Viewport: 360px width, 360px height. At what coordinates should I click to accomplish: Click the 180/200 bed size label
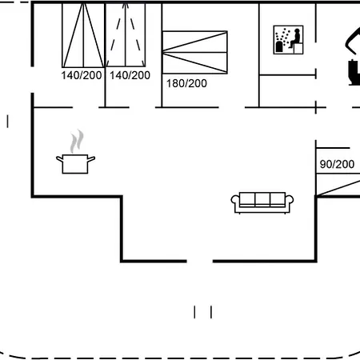186,83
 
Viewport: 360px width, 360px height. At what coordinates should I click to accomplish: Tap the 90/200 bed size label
337,164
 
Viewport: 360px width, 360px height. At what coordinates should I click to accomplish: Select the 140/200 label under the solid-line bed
82,75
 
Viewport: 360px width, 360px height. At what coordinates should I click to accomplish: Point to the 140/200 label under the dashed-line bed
130,75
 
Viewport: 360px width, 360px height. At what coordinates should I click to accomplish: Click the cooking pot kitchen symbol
75,164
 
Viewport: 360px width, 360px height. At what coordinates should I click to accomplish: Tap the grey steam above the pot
77,142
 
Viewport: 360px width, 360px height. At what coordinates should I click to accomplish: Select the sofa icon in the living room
262,202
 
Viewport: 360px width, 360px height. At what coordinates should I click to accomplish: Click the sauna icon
288,40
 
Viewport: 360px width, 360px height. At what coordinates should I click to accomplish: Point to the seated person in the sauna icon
295,39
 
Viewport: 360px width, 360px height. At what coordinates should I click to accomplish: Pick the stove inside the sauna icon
279,46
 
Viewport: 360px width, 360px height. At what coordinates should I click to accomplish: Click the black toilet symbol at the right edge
354,73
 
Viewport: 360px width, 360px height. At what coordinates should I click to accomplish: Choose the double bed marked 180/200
195,52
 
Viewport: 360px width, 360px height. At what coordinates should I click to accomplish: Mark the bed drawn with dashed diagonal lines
126,35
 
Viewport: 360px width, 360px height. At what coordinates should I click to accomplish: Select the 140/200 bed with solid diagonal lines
83,35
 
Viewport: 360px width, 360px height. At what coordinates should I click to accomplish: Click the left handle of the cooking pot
59,159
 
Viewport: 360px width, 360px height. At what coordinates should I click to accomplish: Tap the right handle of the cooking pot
91,159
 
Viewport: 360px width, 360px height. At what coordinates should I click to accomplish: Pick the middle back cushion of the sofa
262,199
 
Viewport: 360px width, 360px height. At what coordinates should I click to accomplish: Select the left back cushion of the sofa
247,199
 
